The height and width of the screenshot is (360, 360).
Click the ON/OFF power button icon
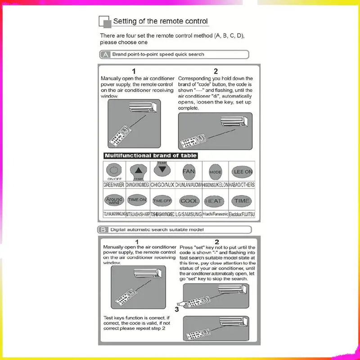pyautogui.click(x=114, y=171)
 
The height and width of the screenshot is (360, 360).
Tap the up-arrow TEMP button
pyautogui.click(x=139, y=171)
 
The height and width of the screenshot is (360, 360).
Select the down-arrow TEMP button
pyautogui.click(x=162, y=169)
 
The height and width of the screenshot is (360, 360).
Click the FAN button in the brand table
pyautogui.click(x=189, y=171)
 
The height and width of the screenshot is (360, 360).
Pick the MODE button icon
pyautogui.click(x=216, y=172)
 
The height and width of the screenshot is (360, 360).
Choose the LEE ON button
pyautogui.click(x=243, y=171)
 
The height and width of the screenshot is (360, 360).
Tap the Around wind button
pyautogui.click(x=113, y=200)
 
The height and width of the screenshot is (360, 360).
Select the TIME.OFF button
pyautogui.click(x=162, y=201)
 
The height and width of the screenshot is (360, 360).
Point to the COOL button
pyautogui.click(x=189, y=201)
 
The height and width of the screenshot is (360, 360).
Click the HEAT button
pyautogui.click(x=213, y=201)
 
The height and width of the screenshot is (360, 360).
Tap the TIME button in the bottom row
pyautogui.click(x=242, y=201)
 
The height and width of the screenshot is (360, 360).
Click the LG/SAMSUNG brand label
pyautogui.click(x=189, y=215)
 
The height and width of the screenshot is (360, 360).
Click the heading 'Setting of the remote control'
pyautogui.click(x=160, y=21)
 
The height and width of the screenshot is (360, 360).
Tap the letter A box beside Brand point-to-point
pyautogui.click(x=105, y=54)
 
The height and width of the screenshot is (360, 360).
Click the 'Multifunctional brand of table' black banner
pyautogui.click(x=150, y=156)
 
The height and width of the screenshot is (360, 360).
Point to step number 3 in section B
pyautogui.click(x=177, y=309)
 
